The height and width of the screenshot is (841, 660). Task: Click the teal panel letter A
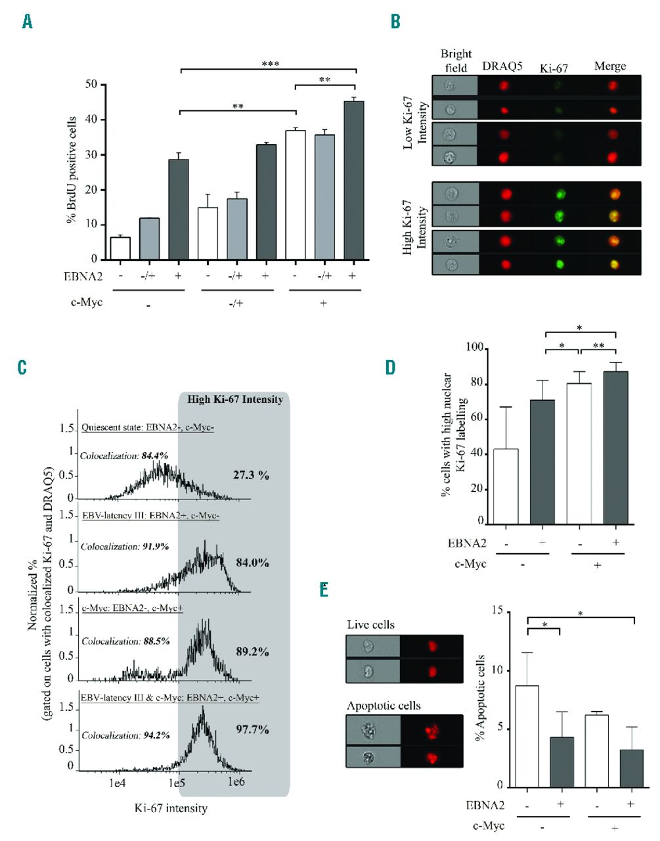[x=27, y=22]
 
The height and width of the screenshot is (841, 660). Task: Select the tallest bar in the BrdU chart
[x=353, y=180]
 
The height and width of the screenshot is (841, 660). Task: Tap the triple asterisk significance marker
[x=270, y=64]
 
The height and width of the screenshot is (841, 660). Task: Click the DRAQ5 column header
[x=502, y=66]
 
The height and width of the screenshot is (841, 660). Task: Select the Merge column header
[x=609, y=66]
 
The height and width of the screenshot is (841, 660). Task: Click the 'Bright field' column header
[x=456, y=60]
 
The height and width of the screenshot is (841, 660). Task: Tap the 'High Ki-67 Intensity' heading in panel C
[x=234, y=399]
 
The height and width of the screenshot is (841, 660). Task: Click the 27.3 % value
[x=251, y=475]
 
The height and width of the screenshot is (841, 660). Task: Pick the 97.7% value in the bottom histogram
[x=252, y=729]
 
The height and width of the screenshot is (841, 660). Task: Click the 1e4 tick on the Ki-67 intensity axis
[x=116, y=783]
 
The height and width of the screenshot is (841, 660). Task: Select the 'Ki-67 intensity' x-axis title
[x=171, y=807]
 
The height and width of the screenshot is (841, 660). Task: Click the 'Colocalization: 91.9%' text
[x=125, y=546]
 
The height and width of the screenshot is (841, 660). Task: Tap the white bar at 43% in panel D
[x=506, y=486]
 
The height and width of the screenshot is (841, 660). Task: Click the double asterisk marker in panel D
[x=598, y=346]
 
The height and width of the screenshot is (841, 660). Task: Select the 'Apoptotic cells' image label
[x=384, y=706]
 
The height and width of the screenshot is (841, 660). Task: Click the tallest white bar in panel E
[x=527, y=736]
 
